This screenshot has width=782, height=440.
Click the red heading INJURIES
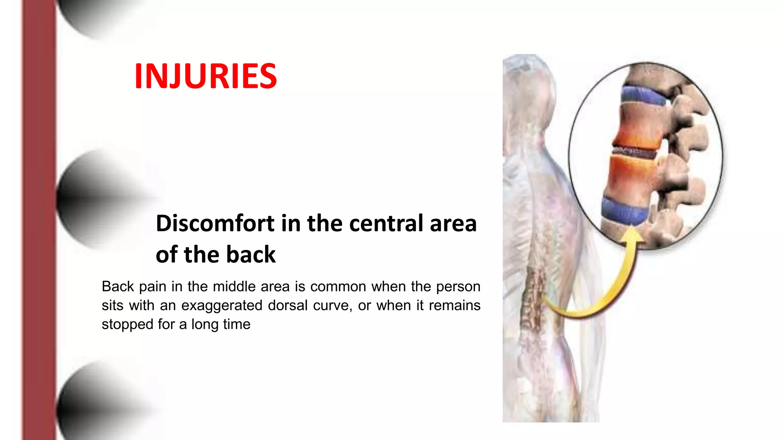click(205, 76)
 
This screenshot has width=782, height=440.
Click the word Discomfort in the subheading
click(215, 223)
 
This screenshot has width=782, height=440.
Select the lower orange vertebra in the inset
click(630, 178)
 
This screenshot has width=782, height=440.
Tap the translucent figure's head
click(529, 88)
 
